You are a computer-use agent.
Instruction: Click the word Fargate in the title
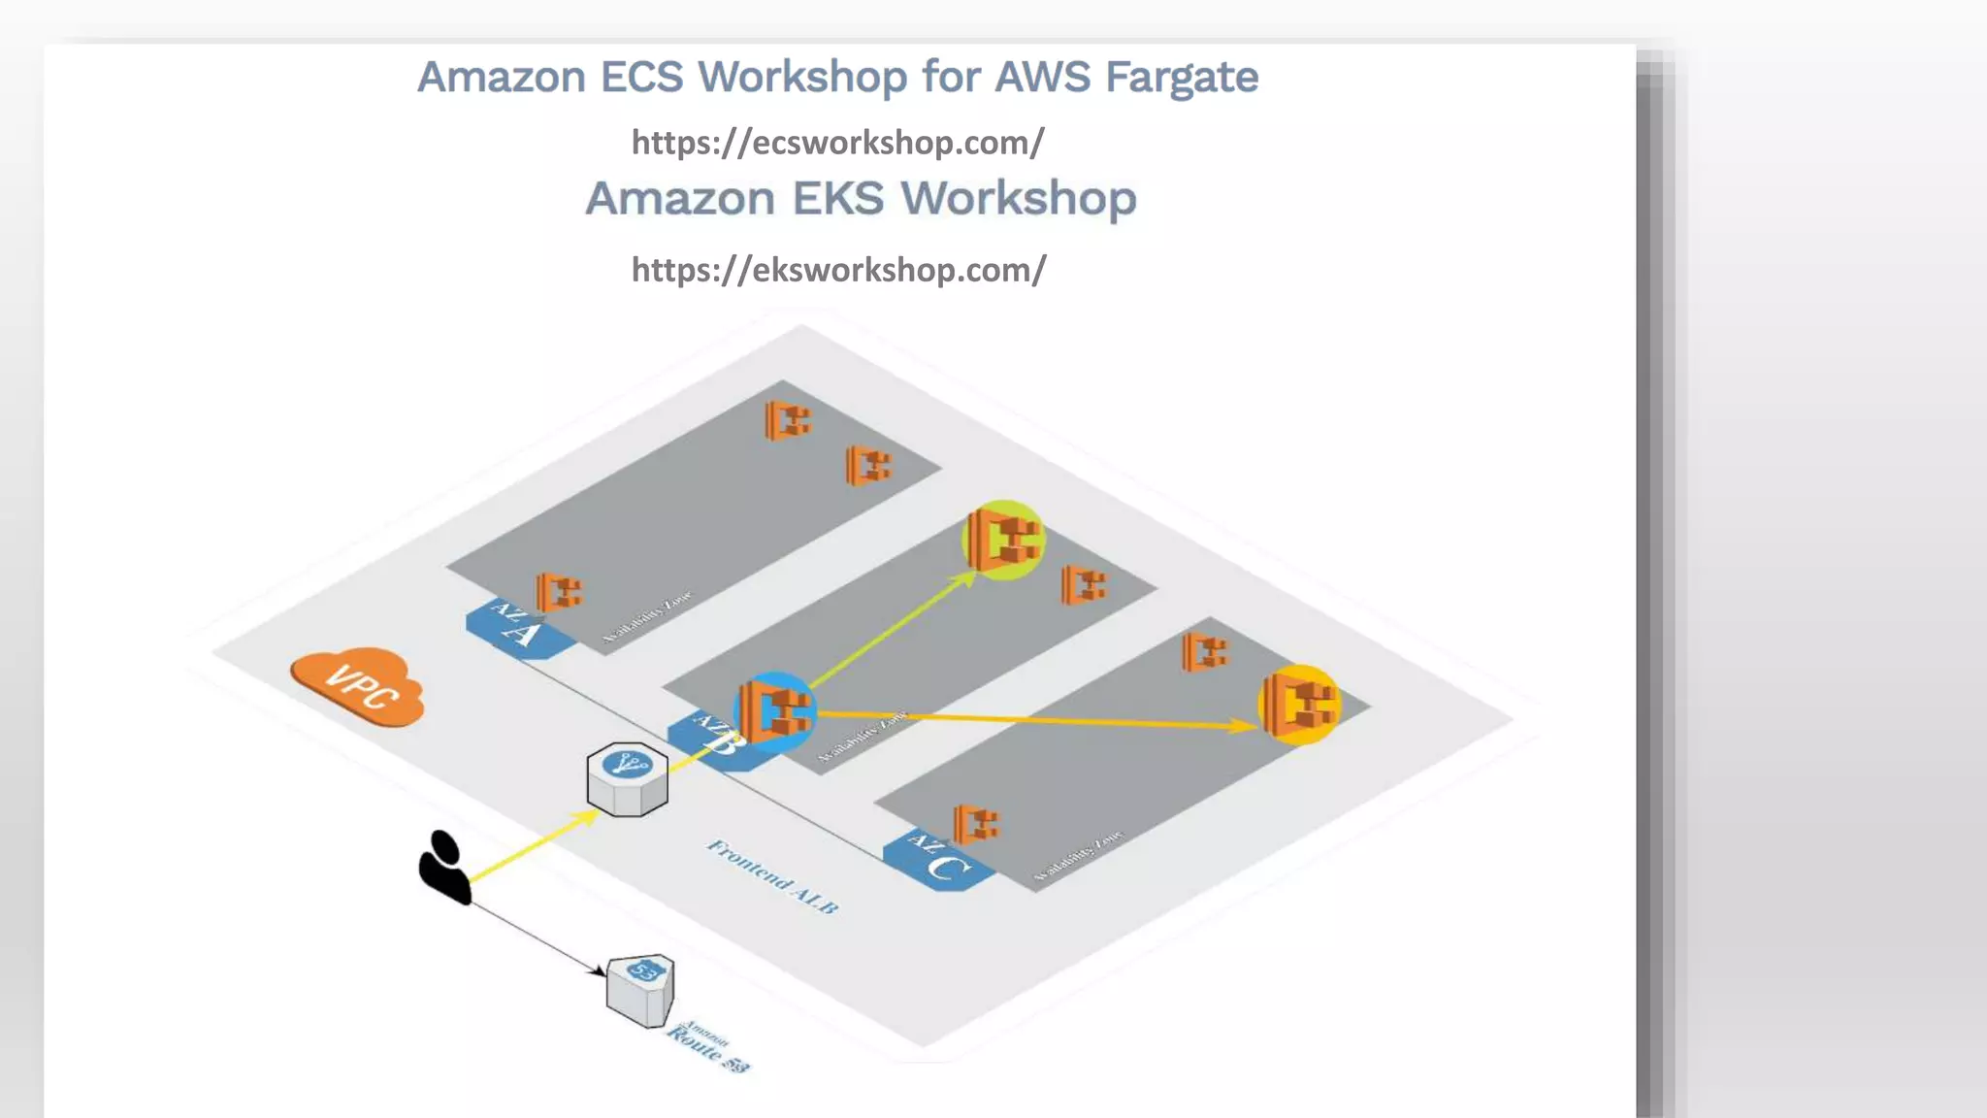point(1181,78)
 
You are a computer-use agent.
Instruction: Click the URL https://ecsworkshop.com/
point(837,143)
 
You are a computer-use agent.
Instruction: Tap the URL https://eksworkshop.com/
point(838,270)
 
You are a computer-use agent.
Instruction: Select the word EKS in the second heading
point(838,199)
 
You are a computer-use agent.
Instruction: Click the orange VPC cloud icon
point(358,685)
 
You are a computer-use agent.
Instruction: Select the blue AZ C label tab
point(938,858)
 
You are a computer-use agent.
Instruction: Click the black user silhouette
point(443,867)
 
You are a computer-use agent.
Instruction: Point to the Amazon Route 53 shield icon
point(641,989)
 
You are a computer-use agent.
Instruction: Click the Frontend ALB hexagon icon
point(628,779)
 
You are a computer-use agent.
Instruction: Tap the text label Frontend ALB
point(772,876)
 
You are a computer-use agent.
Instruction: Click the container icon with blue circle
point(774,711)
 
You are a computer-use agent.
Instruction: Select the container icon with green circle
point(1004,540)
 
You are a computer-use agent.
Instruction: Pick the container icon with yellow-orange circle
point(1300,705)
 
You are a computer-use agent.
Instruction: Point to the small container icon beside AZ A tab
point(559,591)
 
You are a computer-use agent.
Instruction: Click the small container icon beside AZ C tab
point(976,824)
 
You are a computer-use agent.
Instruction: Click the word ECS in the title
point(642,78)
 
